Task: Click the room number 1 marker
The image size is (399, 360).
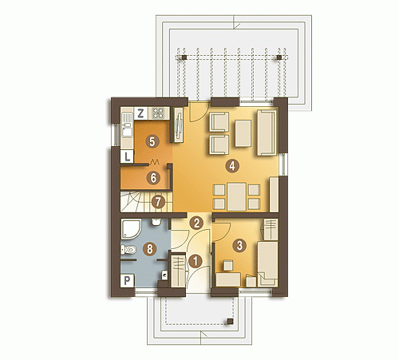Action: [196, 261]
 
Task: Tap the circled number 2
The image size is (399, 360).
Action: [196, 224]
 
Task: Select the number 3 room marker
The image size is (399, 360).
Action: [239, 245]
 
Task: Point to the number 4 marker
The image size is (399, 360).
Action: [232, 166]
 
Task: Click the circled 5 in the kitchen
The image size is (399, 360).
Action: [152, 141]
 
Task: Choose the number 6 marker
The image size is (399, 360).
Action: [153, 178]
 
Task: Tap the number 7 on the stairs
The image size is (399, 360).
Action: [158, 202]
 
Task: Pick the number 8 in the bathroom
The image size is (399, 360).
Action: [150, 249]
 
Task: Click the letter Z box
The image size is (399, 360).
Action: [140, 113]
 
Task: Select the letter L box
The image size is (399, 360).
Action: [127, 156]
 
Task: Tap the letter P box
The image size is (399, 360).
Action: [127, 281]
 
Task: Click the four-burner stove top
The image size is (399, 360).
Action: [158, 113]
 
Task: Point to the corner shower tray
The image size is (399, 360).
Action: [131, 229]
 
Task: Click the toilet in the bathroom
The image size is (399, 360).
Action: [129, 250]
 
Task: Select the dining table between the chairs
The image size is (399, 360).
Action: [237, 196]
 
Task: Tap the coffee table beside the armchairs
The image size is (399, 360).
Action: [243, 133]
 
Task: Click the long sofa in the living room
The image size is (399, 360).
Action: [267, 133]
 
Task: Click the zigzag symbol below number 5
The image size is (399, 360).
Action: [155, 161]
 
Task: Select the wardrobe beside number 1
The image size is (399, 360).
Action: [178, 271]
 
